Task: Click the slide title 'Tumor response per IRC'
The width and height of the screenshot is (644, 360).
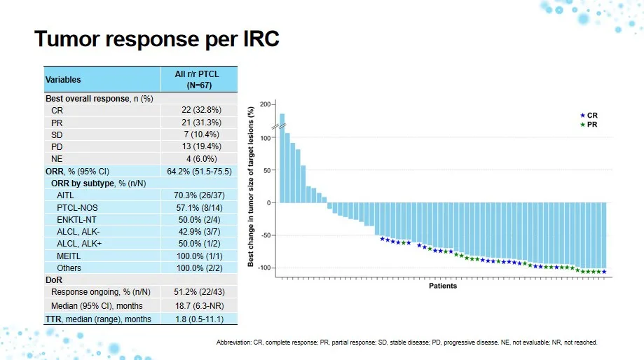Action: (157, 39)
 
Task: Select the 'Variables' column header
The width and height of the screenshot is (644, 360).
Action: (63, 80)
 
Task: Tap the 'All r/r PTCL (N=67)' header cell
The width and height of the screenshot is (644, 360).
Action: (198, 79)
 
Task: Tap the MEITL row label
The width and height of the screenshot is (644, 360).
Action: (69, 256)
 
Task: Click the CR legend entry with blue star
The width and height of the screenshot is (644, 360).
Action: (588, 115)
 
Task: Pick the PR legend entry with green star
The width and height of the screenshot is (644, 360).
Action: (588, 124)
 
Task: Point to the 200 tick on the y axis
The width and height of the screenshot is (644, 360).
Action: (264, 104)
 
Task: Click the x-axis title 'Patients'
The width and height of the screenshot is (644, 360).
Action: (443, 286)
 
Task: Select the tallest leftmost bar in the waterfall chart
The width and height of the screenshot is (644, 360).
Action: (282, 158)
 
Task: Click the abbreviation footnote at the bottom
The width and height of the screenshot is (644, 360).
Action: (407, 342)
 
